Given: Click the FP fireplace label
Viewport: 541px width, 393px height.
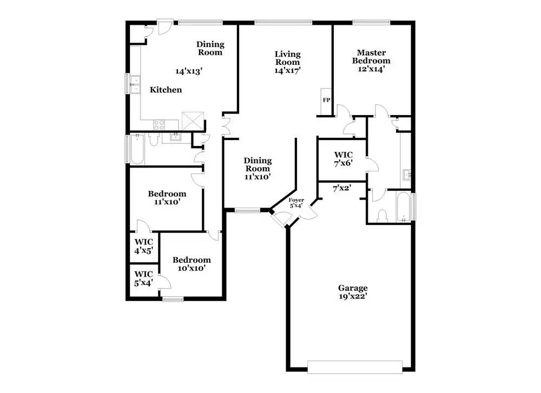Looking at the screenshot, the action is click(x=326, y=100).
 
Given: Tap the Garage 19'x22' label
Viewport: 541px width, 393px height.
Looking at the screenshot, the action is click(x=353, y=292).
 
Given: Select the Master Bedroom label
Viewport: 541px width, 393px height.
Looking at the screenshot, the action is click(x=371, y=57).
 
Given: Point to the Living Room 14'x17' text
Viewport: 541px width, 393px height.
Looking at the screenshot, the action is click(x=287, y=62).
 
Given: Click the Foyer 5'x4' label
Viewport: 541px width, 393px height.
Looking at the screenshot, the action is click(x=296, y=203).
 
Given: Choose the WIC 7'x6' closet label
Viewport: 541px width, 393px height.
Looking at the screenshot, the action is click(x=343, y=159).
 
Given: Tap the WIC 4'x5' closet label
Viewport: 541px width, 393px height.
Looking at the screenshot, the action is click(x=143, y=246).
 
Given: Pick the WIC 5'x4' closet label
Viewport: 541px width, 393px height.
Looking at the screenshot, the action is click(x=143, y=278).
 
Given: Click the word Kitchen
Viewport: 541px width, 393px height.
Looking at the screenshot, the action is click(x=166, y=90).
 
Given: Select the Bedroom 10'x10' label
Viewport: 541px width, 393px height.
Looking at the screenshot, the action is click(x=192, y=264).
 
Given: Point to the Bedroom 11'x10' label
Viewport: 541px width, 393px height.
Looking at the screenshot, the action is click(x=167, y=197).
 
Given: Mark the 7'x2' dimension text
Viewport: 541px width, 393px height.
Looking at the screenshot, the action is click(x=342, y=188).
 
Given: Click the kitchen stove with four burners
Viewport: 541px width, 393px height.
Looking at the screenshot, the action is click(x=159, y=124).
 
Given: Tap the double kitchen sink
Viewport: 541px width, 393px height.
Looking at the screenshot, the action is click(x=135, y=84).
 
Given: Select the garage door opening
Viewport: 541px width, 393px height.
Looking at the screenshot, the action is click(x=355, y=367).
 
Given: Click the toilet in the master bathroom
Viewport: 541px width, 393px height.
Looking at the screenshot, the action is click(x=382, y=216).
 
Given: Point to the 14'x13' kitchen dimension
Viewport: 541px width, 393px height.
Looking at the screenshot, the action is click(x=189, y=71).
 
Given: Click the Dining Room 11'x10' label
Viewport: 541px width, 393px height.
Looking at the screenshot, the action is click(x=258, y=169).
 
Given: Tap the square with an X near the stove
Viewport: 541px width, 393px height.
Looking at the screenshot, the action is click(x=193, y=121).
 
